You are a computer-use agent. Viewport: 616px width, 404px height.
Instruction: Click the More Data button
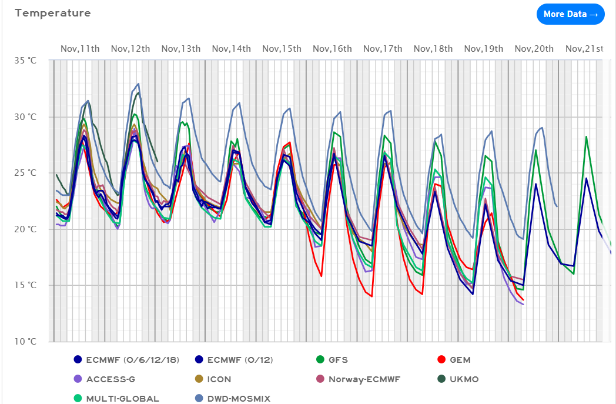570,15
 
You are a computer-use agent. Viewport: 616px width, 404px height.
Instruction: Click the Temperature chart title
53,13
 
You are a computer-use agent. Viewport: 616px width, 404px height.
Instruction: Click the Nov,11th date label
80,48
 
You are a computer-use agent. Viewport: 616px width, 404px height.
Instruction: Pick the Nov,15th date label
282,48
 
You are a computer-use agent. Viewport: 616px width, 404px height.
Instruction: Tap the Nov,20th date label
534,48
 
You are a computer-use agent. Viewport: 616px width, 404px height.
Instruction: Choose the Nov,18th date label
433,48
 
